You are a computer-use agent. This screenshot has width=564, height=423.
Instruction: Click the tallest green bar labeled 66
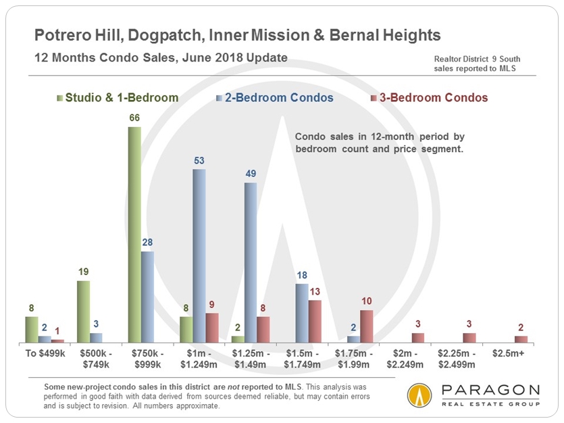point(134,234)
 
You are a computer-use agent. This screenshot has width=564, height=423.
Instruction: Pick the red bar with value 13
point(315,321)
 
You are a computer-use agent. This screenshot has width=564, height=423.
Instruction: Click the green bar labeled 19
point(83,312)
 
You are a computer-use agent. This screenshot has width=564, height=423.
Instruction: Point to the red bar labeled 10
point(366,326)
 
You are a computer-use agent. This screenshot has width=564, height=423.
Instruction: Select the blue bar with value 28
point(147,297)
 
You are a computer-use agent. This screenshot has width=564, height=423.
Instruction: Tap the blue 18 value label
point(302,276)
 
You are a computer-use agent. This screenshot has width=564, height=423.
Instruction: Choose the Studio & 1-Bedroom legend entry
point(118,98)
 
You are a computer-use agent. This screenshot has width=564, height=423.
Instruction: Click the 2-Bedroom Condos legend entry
point(274,98)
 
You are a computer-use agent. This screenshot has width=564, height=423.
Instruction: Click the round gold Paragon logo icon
point(419,396)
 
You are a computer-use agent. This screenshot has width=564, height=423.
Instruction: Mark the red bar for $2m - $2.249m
point(417,337)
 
